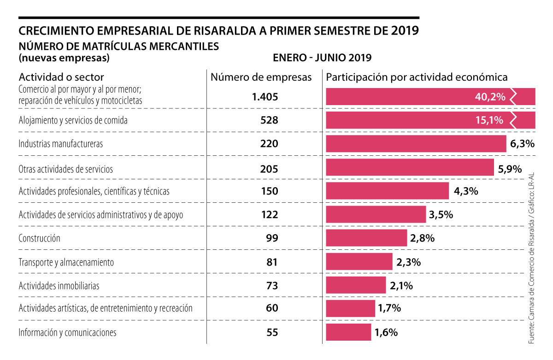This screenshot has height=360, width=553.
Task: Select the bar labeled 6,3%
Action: coord(416,144)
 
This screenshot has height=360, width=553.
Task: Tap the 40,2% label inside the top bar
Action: coord(490,97)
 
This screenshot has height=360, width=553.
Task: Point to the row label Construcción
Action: coord(40,238)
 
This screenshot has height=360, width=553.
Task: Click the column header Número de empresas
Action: coord(261,77)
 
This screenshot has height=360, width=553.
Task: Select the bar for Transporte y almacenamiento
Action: coord(359,262)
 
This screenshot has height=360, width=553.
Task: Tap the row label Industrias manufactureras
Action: coord(60,144)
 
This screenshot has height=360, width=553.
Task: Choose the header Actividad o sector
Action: coord(61,77)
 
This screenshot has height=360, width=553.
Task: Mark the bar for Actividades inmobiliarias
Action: coord(356,285)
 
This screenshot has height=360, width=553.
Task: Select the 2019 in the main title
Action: coord(406,31)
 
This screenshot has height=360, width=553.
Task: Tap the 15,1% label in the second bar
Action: coord(490,120)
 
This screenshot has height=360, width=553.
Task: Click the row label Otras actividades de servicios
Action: coord(65,169)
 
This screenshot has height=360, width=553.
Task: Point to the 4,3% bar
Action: coord(387,191)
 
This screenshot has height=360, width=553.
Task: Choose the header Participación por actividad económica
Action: coord(417,77)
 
